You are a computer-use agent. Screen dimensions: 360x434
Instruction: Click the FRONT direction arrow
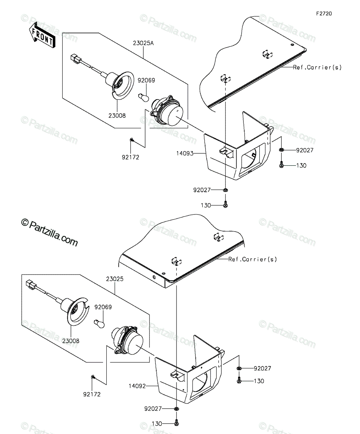[x=42, y=35]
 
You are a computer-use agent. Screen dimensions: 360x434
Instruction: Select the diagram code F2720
[x=324, y=14]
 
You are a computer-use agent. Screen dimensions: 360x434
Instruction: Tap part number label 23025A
[x=143, y=43]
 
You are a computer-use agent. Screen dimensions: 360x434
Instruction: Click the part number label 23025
[x=115, y=279]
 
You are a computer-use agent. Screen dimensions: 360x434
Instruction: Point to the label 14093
[x=185, y=153]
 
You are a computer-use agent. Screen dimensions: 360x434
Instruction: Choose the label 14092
[x=137, y=386]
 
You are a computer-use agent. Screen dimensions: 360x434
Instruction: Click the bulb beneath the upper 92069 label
[x=144, y=97]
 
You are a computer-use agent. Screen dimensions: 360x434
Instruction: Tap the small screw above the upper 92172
[x=131, y=140]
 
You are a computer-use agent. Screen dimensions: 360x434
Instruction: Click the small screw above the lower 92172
[x=93, y=376]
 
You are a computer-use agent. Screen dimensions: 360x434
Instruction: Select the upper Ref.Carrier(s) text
[x=317, y=67]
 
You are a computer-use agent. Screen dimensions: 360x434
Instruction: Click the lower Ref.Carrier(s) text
[x=253, y=259]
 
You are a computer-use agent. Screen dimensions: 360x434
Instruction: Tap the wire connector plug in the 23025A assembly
[x=75, y=58]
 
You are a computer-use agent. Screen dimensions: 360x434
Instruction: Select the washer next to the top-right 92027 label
[x=281, y=150]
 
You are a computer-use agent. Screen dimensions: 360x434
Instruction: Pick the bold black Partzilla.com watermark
[x=50, y=233]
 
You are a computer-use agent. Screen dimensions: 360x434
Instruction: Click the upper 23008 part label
[x=117, y=116]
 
